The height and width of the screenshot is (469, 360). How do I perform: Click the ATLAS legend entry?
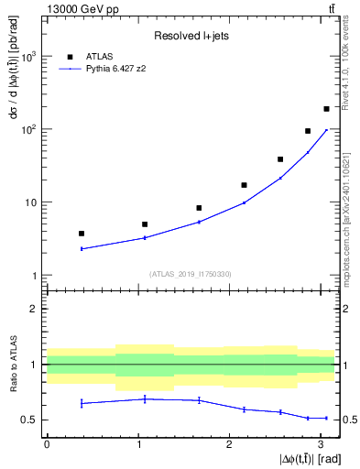87,55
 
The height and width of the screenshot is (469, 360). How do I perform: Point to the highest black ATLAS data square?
326,109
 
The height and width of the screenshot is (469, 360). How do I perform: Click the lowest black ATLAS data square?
82,234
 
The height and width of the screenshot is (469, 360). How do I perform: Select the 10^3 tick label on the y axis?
28,56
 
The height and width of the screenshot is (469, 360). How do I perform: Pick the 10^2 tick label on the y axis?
28,129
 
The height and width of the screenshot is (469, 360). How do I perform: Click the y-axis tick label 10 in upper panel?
31,202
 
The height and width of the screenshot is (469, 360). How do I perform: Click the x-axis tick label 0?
47,444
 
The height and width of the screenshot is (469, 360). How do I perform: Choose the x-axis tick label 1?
136,444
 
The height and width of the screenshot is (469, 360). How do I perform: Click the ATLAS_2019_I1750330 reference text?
191,273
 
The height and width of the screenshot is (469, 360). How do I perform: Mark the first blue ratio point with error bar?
82,403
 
